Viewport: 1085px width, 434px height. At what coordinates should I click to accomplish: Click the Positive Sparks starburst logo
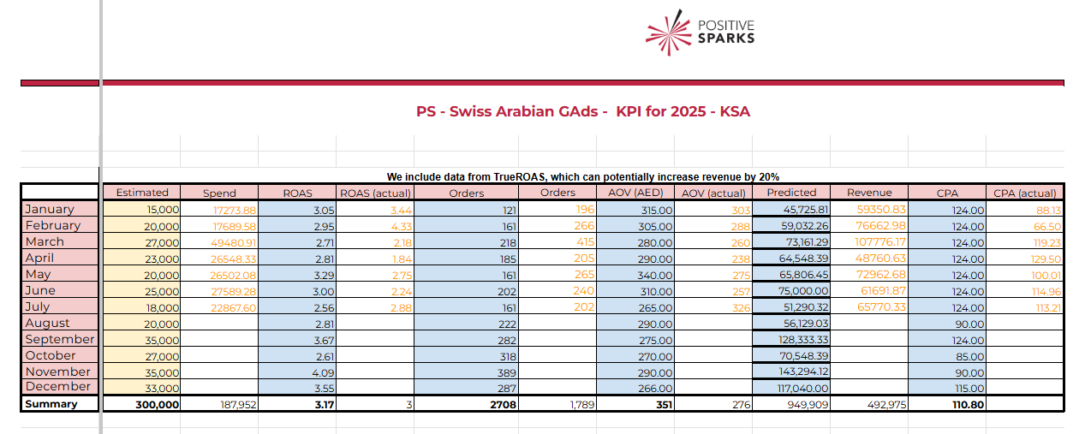[669, 33]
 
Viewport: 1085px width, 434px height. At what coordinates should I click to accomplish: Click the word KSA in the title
[735, 111]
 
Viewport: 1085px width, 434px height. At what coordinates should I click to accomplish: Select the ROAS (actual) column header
[375, 193]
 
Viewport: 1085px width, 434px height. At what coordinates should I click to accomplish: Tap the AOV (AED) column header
[635, 193]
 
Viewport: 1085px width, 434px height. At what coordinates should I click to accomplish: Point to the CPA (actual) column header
[1025, 193]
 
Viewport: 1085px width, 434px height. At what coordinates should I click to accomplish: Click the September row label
[60, 339]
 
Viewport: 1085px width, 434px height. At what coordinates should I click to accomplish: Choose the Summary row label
[51, 404]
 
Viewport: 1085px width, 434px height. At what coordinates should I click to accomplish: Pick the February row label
[53, 226]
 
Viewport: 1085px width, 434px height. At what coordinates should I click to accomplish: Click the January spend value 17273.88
[235, 211]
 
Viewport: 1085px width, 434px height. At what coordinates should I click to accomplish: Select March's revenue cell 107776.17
[880, 241]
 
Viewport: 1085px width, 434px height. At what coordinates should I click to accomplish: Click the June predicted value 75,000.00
[803, 291]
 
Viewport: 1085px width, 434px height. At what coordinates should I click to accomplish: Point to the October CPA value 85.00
[970, 356]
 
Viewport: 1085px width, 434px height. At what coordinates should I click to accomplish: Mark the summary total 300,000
[157, 404]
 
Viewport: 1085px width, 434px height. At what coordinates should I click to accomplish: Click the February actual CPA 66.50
[1047, 227]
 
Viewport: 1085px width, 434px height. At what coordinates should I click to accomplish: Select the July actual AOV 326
[741, 307]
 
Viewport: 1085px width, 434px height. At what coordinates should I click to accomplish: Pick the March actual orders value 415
[585, 241]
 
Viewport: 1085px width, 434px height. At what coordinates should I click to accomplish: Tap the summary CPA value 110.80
[969, 404]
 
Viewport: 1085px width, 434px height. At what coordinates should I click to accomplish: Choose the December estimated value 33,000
[162, 388]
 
